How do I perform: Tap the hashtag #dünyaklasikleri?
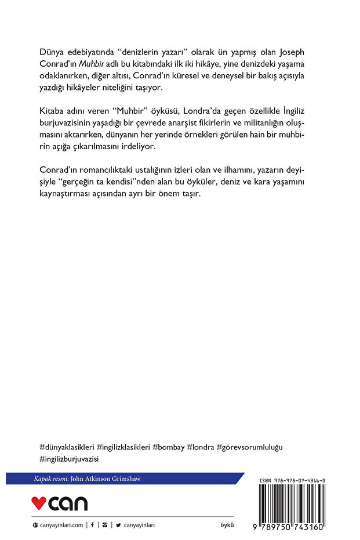click(66, 447)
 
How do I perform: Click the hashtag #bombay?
click(169, 447)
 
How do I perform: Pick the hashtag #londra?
click(200, 447)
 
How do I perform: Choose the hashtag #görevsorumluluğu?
click(250, 447)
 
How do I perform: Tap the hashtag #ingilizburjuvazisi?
click(70, 459)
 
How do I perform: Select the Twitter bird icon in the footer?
click(118, 525)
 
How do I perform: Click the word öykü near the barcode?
click(228, 525)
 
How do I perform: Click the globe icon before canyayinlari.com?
click(36, 525)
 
